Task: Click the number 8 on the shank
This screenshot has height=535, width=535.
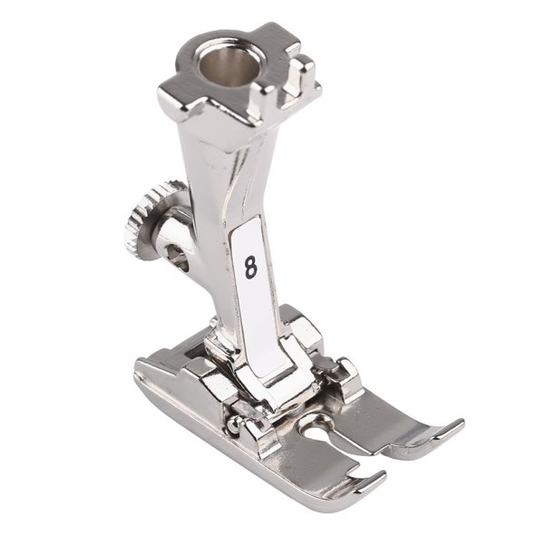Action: coord(251,267)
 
